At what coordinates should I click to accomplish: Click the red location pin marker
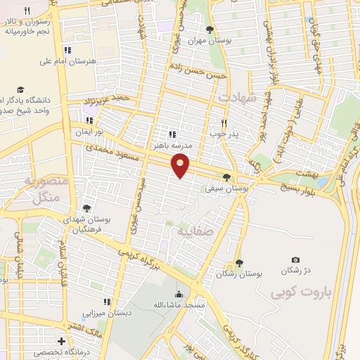[x=181, y=166]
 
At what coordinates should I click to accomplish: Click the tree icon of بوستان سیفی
[x=226, y=177]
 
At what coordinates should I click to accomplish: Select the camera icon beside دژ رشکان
[x=295, y=260]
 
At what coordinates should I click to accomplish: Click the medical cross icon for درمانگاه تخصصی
[x=62, y=342]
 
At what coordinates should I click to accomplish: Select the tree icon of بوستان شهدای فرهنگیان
[x=86, y=207]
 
